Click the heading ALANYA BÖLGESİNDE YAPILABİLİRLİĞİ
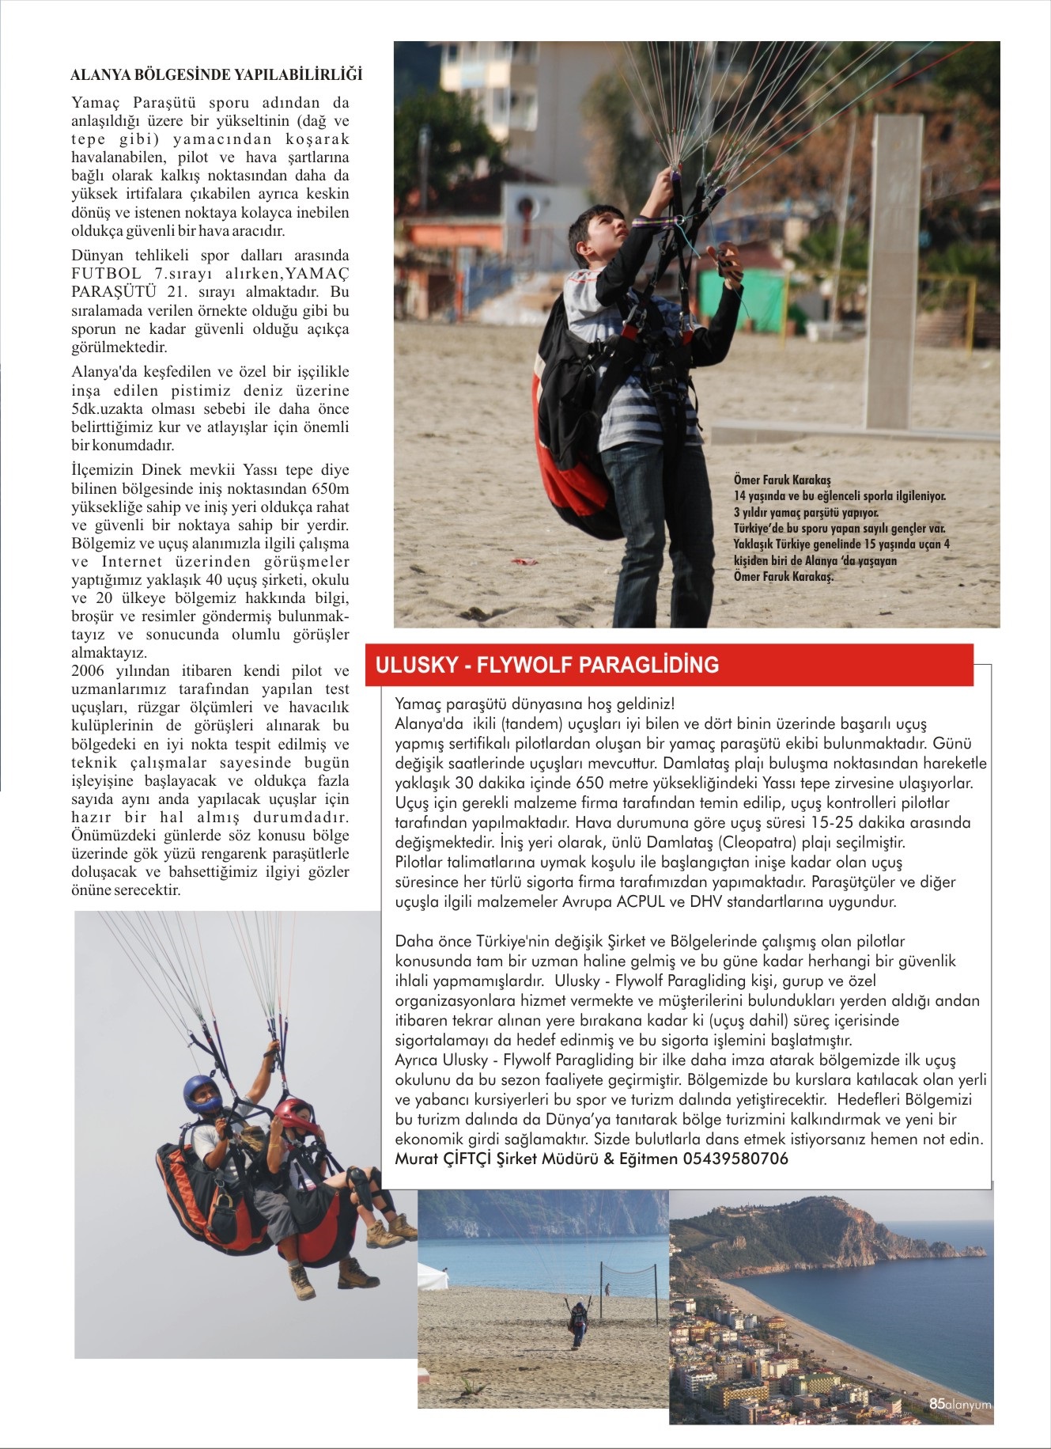coord(216,75)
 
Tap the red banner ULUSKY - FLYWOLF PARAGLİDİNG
coord(547,665)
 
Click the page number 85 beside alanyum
coord(936,1404)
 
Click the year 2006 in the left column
coord(87,671)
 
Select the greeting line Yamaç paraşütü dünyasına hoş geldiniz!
coord(535,704)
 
